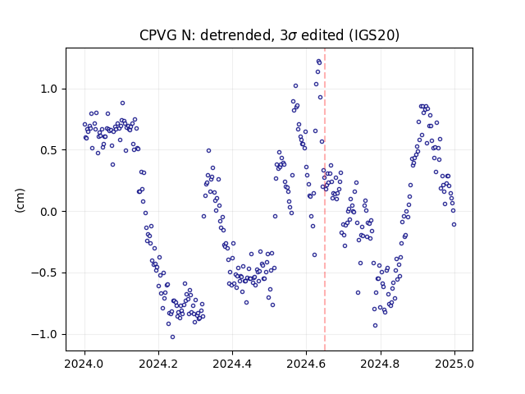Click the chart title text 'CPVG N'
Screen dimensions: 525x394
(167, 35)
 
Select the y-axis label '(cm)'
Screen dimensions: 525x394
(20, 200)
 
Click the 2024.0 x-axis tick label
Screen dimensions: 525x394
(84, 364)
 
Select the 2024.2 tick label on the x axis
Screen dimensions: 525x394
(158, 364)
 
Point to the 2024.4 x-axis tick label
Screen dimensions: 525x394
(232, 364)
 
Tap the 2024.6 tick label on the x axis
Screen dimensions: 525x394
(306, 364)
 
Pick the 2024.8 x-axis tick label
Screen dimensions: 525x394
(381, 364)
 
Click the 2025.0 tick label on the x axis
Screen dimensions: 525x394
(454, 364)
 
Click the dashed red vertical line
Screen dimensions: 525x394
(325, 199)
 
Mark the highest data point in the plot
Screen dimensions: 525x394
(318, 62)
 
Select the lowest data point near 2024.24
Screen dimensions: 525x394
(172, 337)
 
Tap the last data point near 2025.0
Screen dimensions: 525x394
(454, 224)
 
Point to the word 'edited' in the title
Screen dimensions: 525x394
(322, 35)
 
